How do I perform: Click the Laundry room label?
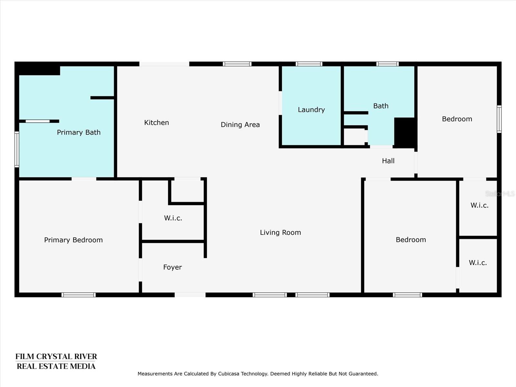311,110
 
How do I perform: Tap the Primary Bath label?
79,133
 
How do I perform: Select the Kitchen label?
156,123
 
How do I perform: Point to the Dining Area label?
240,124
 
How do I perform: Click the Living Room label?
281,233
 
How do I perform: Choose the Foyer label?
173,267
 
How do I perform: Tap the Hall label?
388,161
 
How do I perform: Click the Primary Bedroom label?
73,240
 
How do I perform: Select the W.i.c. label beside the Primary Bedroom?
173,218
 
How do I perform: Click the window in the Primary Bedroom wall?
78,295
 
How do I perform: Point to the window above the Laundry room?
309,64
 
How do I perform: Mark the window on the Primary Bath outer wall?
17,149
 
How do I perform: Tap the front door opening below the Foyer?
190,295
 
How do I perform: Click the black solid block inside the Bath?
405,133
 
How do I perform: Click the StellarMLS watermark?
500,194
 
